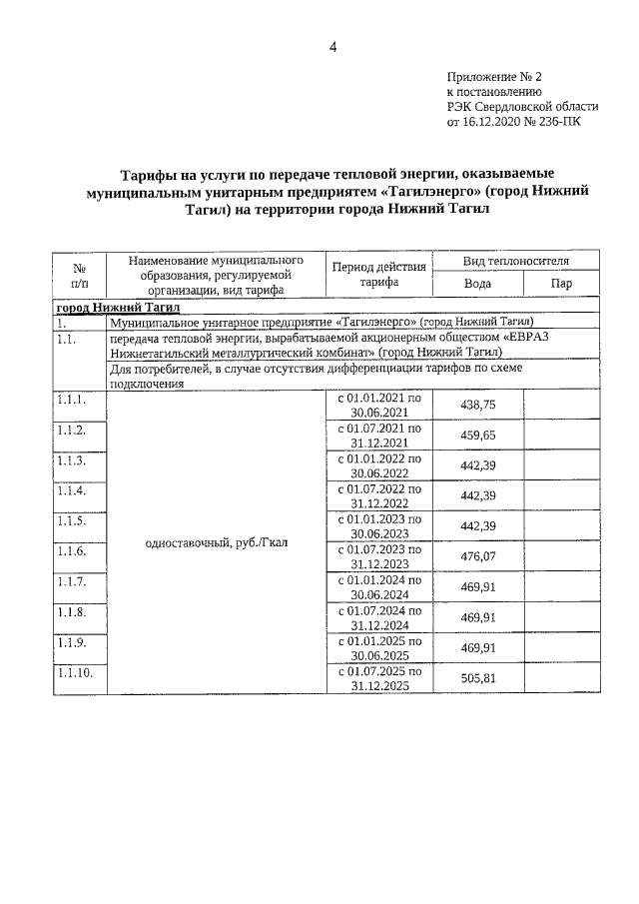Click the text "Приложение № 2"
pos(493,76)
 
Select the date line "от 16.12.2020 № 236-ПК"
pos(512,122)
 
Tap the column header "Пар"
pos(561,284)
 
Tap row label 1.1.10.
pos(75,673)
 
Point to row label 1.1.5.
pos(72,520)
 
